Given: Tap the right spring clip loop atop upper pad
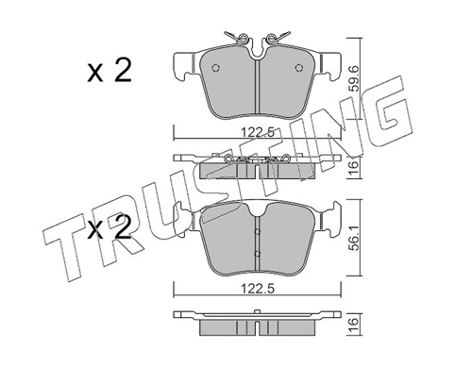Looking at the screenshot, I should tap(275, 39).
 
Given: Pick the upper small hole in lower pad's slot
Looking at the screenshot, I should tap(257, 232).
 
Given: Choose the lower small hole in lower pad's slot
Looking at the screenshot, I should tap(257, 253).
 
